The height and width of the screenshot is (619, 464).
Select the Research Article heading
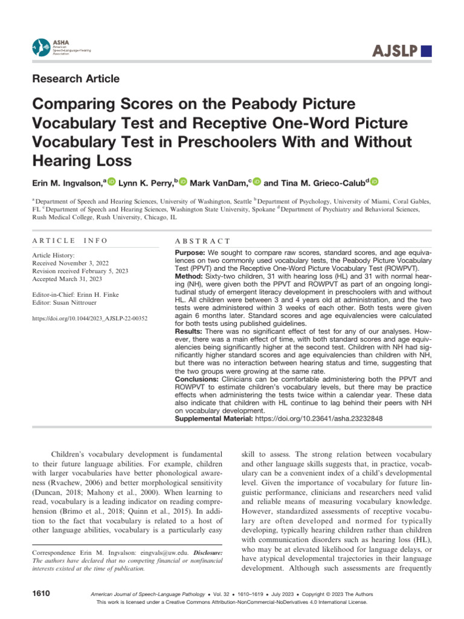click(x=76, y=79)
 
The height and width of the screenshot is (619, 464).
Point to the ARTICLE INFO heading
click(x=69, y=241)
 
